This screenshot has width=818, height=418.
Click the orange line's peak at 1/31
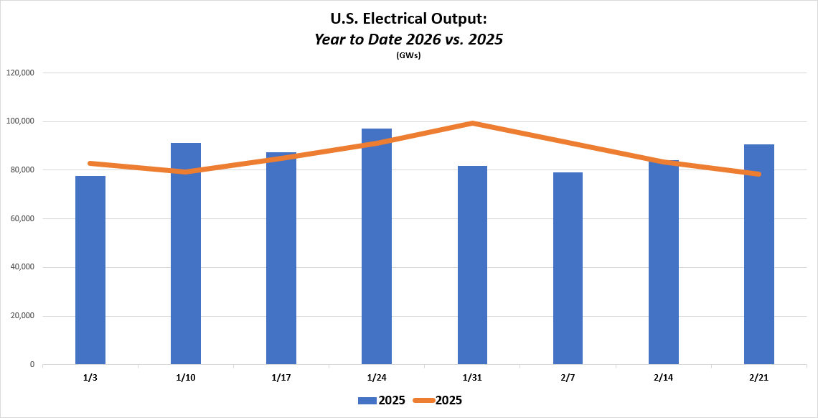pos(473,124)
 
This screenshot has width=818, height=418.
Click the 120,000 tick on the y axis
pos(21,73)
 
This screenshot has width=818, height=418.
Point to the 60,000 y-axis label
pos(22,219)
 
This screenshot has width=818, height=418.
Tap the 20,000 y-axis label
pos(22,316)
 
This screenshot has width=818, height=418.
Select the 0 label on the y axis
pos(32,365)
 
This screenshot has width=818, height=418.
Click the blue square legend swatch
pos(367,401)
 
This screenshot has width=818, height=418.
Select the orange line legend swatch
pos(423,401)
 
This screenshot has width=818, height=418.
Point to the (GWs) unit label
pos(408,55)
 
